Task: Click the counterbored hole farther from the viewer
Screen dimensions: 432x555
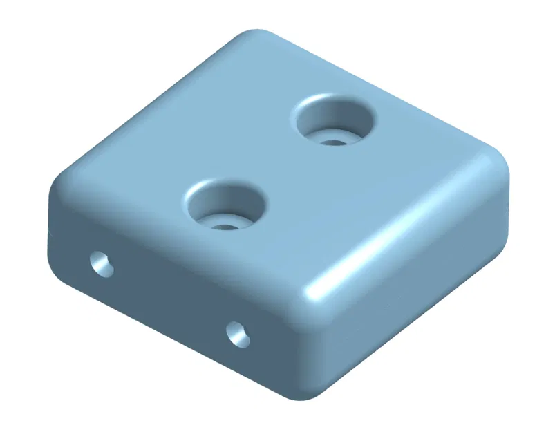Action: click(335, 121)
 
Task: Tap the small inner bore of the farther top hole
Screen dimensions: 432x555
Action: click(335, 142)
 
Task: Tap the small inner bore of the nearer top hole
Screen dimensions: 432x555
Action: click(225, 225)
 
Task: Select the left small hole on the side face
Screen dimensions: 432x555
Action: click(103, 264)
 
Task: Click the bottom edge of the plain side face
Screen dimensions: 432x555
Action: click(415, 332)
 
